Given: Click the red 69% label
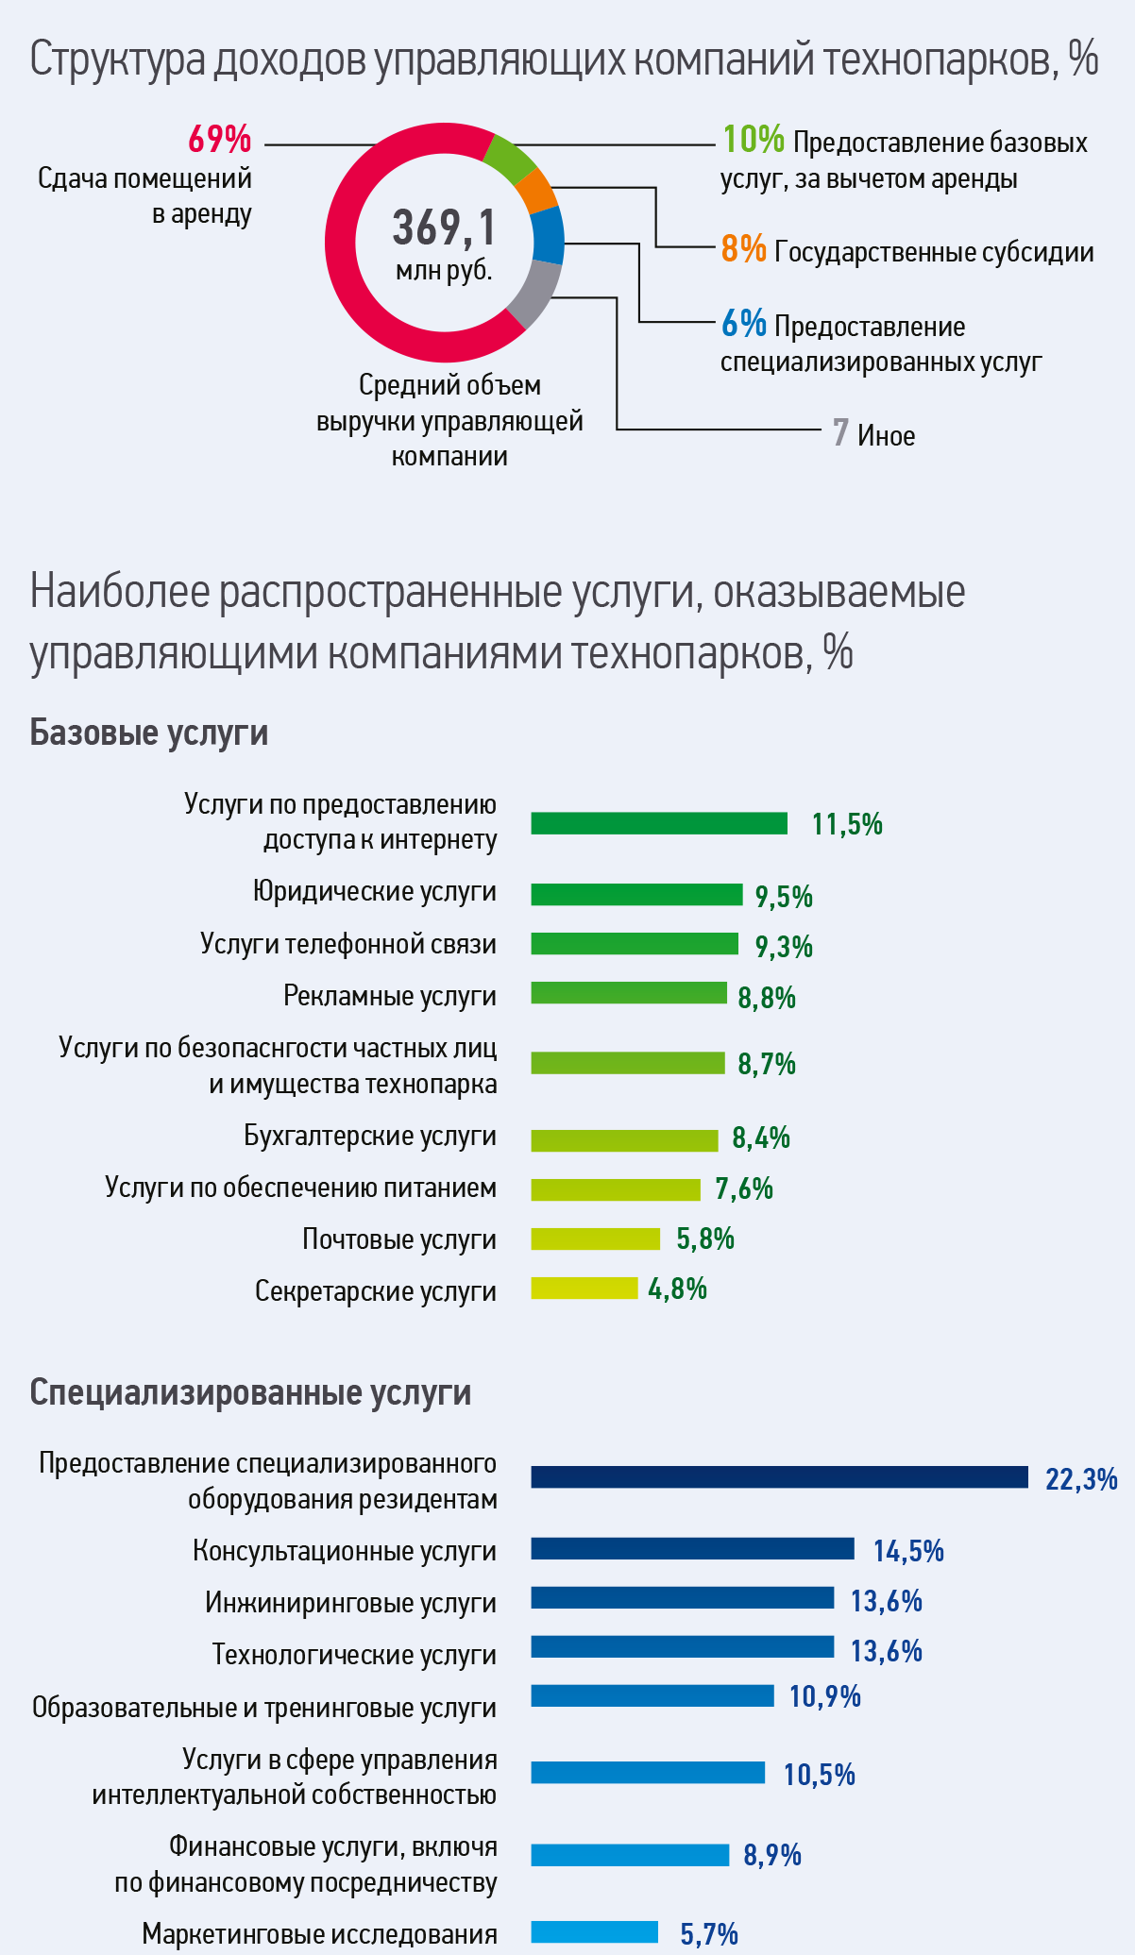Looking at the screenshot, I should (x=219, y=140).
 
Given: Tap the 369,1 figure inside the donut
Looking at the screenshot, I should (x=444, y=228).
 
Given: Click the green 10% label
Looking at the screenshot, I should (x=753, y=140).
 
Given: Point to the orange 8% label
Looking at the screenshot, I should (x=743, y=249).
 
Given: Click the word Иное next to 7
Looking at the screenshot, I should (x=886, y=435).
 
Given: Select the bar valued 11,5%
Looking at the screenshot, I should (x=658, y=823).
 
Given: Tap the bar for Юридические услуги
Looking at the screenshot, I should (x=635, y=894).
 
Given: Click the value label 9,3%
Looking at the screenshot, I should (x=784, y=946).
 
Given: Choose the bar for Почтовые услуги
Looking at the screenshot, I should (x=595, y=1239).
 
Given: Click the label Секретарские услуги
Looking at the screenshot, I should (x=375, y=1290).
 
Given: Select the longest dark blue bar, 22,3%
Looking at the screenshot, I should (x=779, y=1477).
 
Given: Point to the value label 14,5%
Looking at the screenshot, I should (x=907, y=1550).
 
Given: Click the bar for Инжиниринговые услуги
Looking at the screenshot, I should (x=682, y=1597).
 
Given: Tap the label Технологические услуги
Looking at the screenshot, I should (x=353, y=1654).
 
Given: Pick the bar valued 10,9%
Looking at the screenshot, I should (x=652, y=1695).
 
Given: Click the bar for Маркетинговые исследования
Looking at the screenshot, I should (x=594, y=1931).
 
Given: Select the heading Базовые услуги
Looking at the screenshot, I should (x=149, y=733).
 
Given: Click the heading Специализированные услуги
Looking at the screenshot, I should (x=250, y=1392).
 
